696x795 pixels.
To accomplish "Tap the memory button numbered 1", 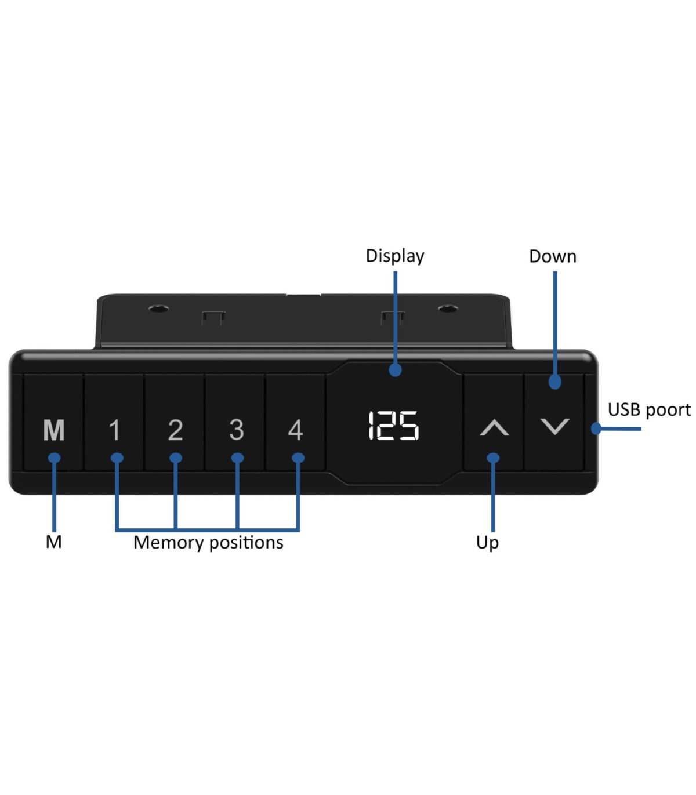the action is (114, 422).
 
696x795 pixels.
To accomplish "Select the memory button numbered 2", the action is (175, 422).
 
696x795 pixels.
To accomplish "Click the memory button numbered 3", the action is (235, 422).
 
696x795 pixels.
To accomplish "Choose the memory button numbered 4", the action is (295, 422).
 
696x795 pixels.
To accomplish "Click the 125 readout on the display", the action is (393, 426).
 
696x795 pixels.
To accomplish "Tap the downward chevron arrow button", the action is (554, 422).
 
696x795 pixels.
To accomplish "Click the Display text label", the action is (395, 256).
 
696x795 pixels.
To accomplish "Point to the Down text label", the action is (553, 256).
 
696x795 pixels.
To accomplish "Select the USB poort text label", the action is (650, 410).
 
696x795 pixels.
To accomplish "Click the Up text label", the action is (487, 542).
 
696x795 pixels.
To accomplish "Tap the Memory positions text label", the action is (208, 542).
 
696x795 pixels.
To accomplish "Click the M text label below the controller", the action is (53, 542).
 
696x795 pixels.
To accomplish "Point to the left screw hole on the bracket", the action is (158, 309).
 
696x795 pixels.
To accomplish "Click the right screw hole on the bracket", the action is (448, 309).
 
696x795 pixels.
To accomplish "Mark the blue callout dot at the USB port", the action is (596, 429).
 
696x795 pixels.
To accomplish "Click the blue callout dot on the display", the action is (395, 370).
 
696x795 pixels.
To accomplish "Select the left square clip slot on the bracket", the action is (213, 317).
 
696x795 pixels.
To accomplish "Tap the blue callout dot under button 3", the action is (237, 458).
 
